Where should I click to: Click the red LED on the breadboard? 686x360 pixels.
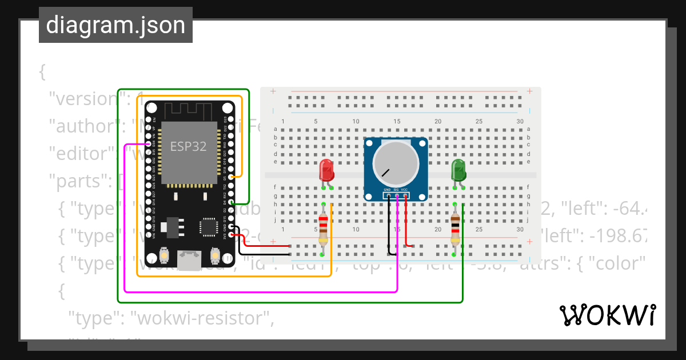coord(326,170)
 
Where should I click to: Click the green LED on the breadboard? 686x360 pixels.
coord(458,170)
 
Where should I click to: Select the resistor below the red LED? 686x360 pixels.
coord(324,228)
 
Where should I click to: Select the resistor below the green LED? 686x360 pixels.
coord(455,228)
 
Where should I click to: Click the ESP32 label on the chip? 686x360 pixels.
coord(188,146)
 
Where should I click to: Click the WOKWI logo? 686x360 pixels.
coord(607,315)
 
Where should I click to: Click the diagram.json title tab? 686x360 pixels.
coord(115,25)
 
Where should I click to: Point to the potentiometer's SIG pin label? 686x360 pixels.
coord(396,189)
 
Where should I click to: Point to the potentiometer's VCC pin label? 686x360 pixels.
coord(404,189)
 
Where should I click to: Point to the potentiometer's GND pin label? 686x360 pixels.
coord(387,189)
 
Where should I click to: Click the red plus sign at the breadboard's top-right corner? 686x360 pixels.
coord(530,91)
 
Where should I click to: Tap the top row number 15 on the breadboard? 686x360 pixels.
coord(397,121)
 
